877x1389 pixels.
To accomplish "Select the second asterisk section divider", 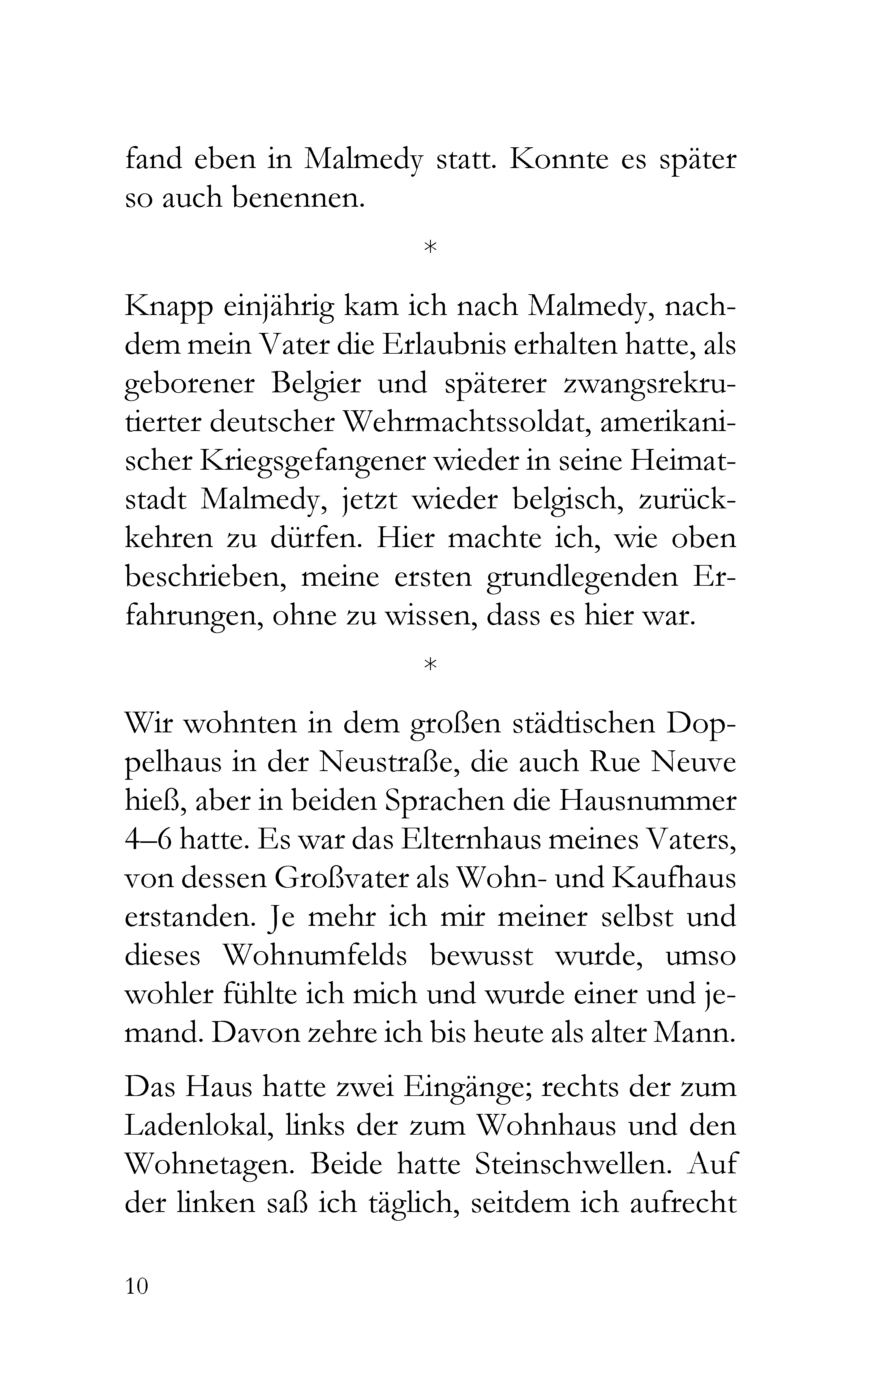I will tap(430, 665).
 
